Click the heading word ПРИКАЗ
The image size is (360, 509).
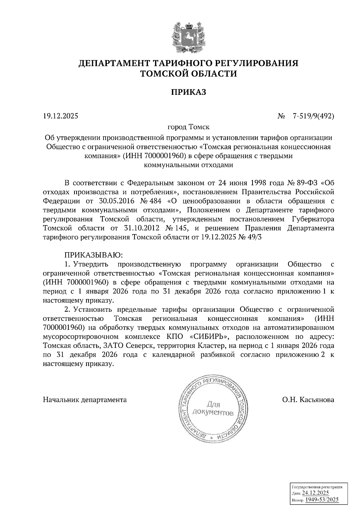[x=189, y=92]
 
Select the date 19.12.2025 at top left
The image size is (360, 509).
[x=60, y=116]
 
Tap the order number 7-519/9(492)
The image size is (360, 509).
[x=313, y=116]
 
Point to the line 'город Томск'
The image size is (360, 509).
[x=188, y=127]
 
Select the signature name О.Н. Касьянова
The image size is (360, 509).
[x=308, y=400]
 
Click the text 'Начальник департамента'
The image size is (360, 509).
[x=85, y=400]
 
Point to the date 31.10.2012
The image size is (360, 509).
[x=141, y=228]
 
